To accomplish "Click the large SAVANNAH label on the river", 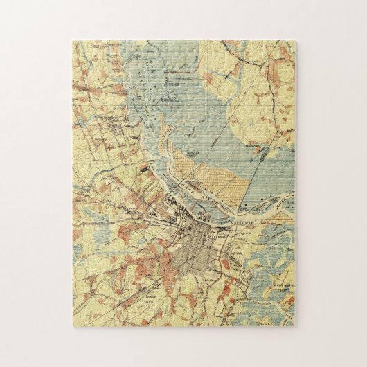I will point(244,205).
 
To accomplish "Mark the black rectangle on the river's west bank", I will point(143,167).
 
